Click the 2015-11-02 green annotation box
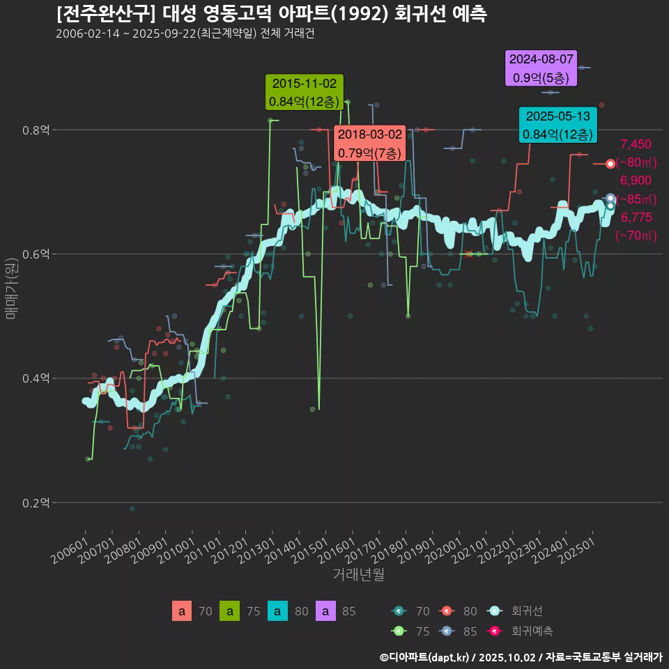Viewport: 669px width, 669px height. (303, 93)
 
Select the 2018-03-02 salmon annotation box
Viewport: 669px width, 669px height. (370, 143)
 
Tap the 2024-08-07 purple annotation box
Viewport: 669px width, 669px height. (541, 68)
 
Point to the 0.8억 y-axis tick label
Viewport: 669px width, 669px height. (35, 130)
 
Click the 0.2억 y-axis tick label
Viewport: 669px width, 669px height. (35, 502)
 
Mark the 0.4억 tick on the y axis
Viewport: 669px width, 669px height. (35, 378)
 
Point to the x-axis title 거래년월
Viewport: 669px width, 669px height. (358, 574)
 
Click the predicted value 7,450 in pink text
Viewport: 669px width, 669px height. (635, 144)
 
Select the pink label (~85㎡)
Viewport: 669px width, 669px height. (636, 199)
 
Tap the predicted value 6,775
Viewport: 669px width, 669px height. (636, 217)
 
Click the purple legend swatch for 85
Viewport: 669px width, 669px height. (325, 612)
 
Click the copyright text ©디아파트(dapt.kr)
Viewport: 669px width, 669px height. (424, 656)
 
